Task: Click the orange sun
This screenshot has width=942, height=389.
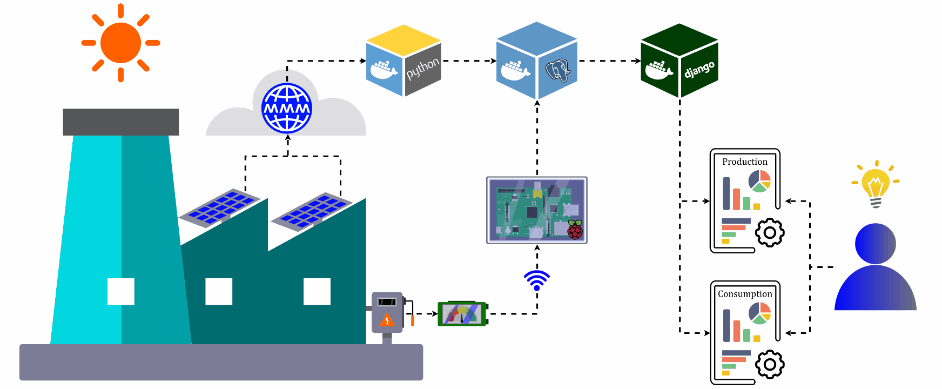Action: (x=120, y=43)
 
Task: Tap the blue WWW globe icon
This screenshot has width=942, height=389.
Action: (x=287, y=108)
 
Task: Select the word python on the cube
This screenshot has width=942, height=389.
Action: (x=422, y=69)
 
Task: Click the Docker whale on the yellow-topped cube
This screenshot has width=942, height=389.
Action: (x=383, y=70)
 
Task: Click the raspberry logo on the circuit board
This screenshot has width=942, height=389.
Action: (x=575, y=230)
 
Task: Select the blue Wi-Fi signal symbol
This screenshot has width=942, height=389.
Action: (x=536, y=279)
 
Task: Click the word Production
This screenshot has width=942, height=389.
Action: (x=744, y=162)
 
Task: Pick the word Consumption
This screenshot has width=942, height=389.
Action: (x=745, y=294)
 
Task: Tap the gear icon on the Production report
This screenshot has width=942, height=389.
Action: (x=770, y=233)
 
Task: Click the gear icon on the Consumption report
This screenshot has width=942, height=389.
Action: (x=770, y=365)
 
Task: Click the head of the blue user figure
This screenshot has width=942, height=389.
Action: (x=876, y=244)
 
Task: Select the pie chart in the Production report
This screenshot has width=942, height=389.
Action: (x=759, y=181)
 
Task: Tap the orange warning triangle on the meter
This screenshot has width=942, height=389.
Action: (x=387, y=320)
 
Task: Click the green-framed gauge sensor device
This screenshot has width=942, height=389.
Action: (x=462, y=313)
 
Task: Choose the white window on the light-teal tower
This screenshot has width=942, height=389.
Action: (x=121, y=292)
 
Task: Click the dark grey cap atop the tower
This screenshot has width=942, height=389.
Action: (x=120, y=122)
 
